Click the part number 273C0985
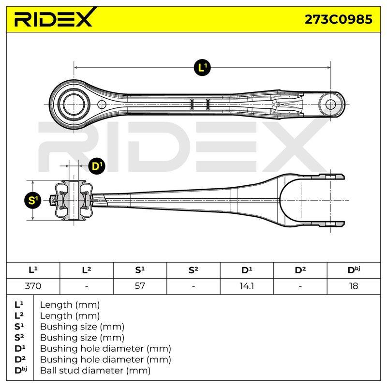(x=338, y=19)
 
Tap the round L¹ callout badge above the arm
(x=202, y=67)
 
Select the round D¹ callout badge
(x=97, y=166)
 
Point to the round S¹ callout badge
(x=33, y=200)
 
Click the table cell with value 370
(x=33, y=286)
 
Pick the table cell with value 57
(x=140, y=286)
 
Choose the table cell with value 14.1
(x=247, y=286)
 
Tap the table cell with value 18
(x=354, y=286)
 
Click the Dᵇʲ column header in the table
(x=354, y=270)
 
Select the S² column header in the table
(x=193, y=270)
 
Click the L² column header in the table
(x=87, y=270)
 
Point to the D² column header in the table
(x=300, y=270)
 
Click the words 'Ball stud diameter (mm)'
(x=95, y=371)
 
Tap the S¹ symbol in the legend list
(x=19, y=327)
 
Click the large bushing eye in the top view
(x=74, y=104)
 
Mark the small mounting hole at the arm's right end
(x=330, y=104)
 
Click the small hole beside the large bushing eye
(x=102, y=104)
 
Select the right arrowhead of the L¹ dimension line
(x=328, y=67)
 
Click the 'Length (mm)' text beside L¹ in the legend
(x=70, y=305)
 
